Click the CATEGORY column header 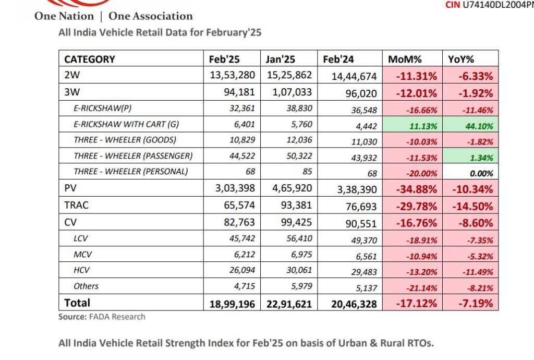(90, 59)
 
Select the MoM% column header (405, 59)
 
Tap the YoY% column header (461, 59)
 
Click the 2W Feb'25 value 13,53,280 (233, 75)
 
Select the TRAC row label (76, 205)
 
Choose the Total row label (77, 303)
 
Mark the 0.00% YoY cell (480, 173)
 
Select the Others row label (86, 286)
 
